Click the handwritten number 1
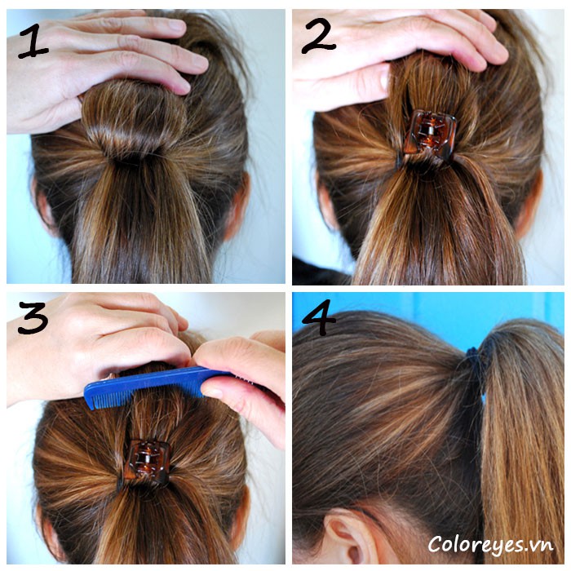tap(33, 41)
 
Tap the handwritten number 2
tap(318, 35)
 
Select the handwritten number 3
tap(33, 316)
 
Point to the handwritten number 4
tap(319, 316)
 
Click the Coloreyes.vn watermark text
tap(490, 545)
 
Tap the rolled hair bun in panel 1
tap(134, 120)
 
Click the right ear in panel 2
tap(529, 204)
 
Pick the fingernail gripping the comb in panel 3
tap(212, 392)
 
